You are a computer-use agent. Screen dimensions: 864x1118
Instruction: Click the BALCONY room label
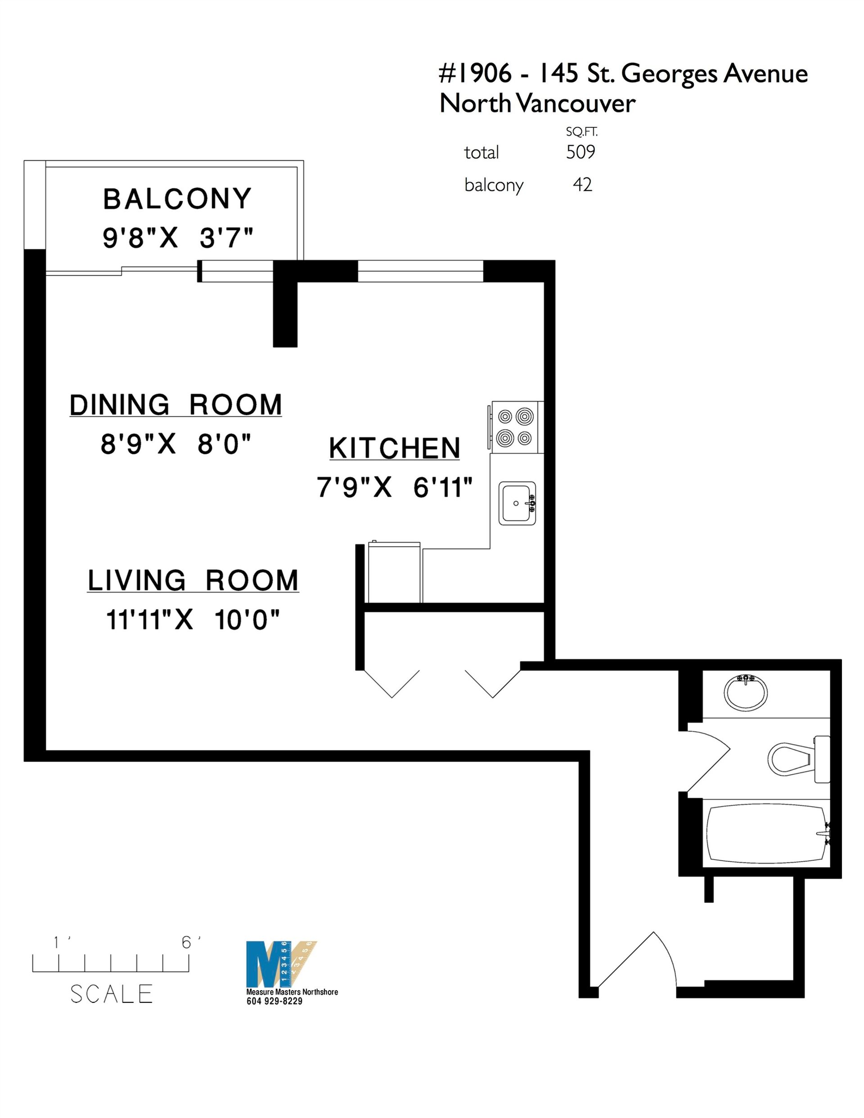[x=177, y=199]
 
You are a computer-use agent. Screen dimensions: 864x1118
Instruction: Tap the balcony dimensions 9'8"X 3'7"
[x=178, y=238]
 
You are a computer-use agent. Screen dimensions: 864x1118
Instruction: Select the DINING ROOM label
[x=175, y=405]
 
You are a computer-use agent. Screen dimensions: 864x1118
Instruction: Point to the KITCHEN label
[x=394, y=449]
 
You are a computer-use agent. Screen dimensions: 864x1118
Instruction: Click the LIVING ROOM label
[x=193, y=580]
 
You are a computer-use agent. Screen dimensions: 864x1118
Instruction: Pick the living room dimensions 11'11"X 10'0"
[x=193, y=620]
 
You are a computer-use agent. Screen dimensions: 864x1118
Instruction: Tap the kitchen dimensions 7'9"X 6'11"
[x=394, y=487]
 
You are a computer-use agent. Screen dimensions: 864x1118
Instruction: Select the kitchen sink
[x=517, y=503]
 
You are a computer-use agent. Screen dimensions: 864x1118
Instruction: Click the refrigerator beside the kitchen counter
[x=394, y=572]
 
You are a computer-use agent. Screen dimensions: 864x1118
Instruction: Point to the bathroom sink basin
[x=746, y=692]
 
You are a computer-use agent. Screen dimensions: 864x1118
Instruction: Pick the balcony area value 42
[x=582, y=184]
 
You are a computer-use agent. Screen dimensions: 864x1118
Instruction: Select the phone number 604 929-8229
[x=274, y=1001]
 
